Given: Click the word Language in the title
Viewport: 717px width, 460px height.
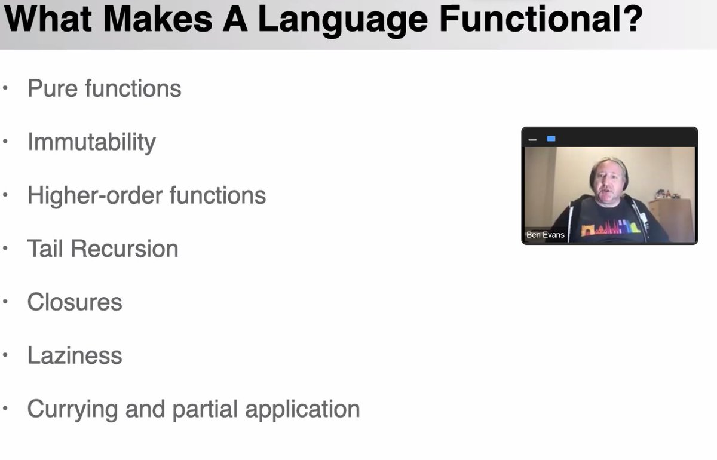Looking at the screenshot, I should pyautogui.click(x=343, y=19).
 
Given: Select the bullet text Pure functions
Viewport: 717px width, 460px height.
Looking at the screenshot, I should pyautogui.click(x=104, y=88).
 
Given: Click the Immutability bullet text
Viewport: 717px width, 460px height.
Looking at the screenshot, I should pyautogui.click(x=91, y=142).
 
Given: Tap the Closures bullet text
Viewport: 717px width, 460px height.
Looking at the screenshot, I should pyautogui.click(x=75, y=302).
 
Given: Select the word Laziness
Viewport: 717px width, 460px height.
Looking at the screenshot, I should pyautogui.click(x=75, y=355).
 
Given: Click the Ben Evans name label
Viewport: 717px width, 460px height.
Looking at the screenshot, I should pyautogui.click(x=545, y=235).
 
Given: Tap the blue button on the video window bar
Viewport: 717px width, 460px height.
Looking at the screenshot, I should pyautogui.click(x=551, y=139).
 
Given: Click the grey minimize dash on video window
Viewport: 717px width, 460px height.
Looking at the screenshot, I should pyautogui.click(x=532, y=139).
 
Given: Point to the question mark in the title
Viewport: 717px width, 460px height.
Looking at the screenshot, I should pyautogui.click(x=632, y=19).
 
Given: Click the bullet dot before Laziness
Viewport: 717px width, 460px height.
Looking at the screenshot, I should pyautogui.click(x=6, y=355).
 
